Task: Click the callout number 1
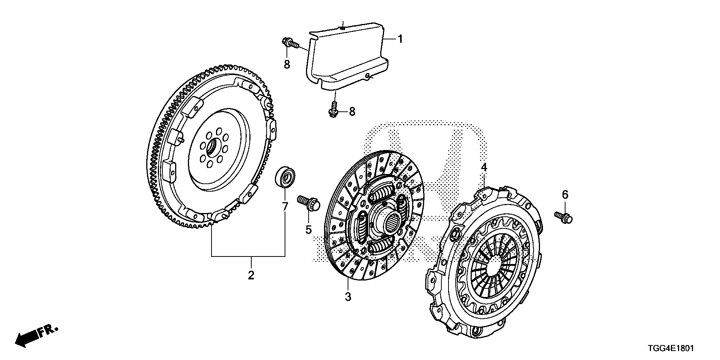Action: click(400, 39)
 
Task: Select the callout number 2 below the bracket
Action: click(251, 275)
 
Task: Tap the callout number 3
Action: click(348, 297)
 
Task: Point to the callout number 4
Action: click(484, 167)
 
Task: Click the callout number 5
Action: click(308, 229)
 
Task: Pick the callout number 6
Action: click(565, 194)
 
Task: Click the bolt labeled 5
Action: click(308, 203)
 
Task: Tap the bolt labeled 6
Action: click(563, 216)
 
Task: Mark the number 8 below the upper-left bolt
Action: click(287, 64)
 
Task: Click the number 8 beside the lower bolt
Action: click(352, 111)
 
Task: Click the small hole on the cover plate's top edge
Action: click(342, 27)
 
